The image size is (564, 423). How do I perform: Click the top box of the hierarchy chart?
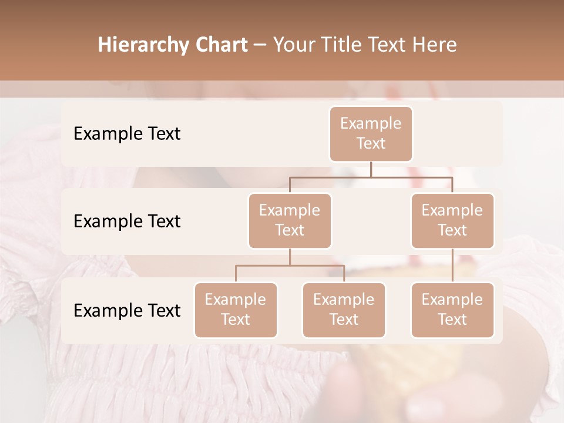coord(371,133)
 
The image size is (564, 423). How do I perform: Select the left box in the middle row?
coord(290,220)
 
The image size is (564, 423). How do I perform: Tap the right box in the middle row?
coord(452,220)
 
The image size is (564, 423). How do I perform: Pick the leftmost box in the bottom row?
coord(236,310)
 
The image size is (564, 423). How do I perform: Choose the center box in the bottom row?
coord(344,310)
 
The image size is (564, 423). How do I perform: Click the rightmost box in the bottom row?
coord(452,310)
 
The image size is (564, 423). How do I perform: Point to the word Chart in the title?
coord(219,45)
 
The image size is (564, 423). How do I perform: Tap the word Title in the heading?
coord(345,45)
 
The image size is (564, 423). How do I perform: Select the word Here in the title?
coord(435,45)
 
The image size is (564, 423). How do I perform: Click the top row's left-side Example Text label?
coord(127,134)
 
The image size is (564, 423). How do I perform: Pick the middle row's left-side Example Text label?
coord(127,221)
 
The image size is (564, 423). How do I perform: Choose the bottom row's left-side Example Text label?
coord(127,311)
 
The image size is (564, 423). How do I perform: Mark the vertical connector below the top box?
coord(371,169)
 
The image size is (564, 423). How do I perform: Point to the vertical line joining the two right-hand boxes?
coord(452,266)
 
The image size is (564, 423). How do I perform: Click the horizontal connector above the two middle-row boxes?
coord(371,177)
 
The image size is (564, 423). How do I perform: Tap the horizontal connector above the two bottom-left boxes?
coord(290,266)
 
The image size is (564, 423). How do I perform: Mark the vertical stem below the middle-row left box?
coord(290,257)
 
